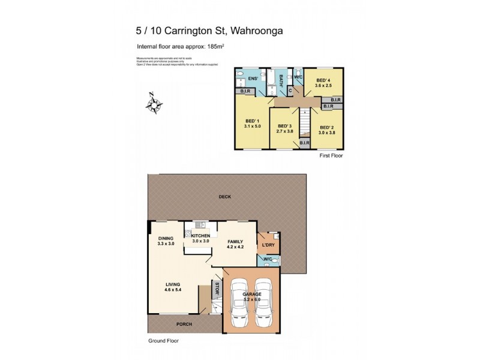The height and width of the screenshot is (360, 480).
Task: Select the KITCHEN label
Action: pyautogui.click(x=200, y=236)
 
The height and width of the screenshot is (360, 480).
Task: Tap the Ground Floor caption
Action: pyautogui.click(x=163, y=340)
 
